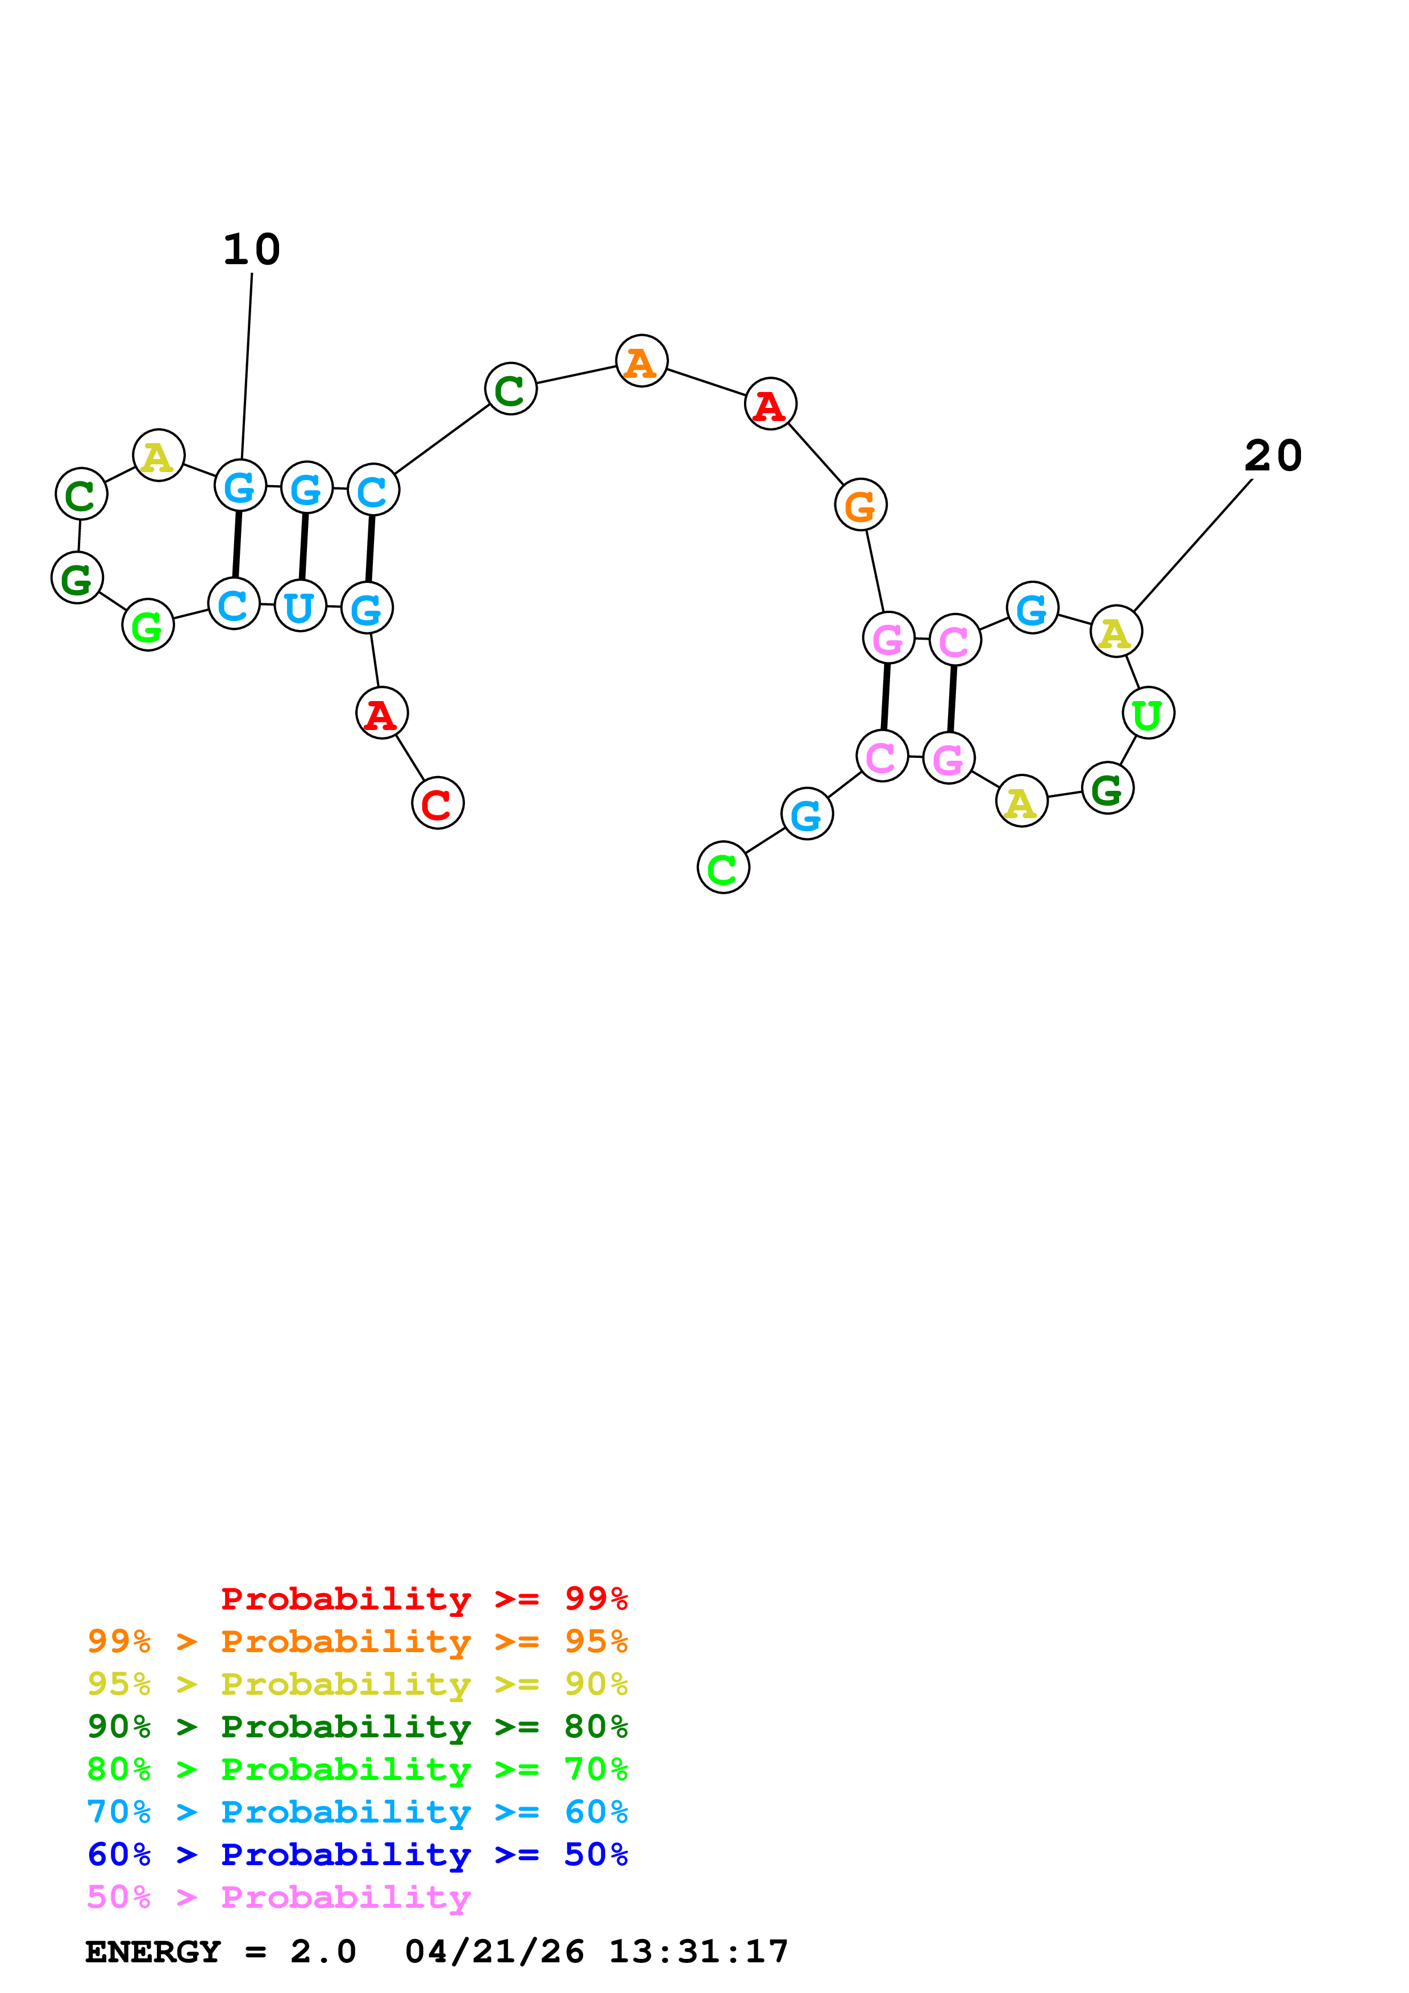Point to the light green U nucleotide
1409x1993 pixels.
pyautogui.click(x=1148, y=714)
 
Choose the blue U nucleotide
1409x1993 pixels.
pyautogui.click(x=300, y=606)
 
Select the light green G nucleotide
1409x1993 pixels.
pyautogui.click(x=148, y=625)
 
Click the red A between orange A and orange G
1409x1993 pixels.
pyautogui.click(x=770, y=405)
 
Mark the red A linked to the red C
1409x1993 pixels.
pyautogui.click(x=381, y=714)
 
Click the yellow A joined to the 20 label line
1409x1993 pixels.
pyautogui.click(x=1116, y=632)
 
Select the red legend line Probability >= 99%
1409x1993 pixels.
pyautogui.click(x=423, y=1598)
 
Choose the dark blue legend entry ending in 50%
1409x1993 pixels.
pyautogui.click(x=357, y=1854)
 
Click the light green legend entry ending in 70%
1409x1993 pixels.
pyautogui.click(x=357, y=1769)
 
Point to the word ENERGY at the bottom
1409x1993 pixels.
pyautogui.click(x=153, y=1952)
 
